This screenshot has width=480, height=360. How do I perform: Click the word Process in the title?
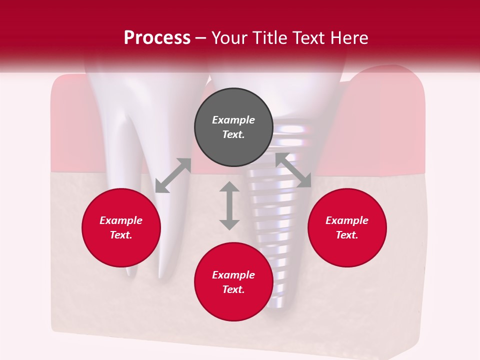tap(157, 38)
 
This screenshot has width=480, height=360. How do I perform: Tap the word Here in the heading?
tap(348, 38)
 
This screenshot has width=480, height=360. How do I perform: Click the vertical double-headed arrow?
tap(229, 205)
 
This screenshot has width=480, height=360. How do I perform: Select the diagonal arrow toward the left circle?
tap(173, 175)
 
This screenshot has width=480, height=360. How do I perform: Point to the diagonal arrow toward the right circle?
tap(293, 170)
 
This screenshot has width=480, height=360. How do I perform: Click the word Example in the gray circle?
tap(233, 120)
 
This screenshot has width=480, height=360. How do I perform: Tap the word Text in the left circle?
tap(121, 235)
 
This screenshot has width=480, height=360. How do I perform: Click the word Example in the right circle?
tap(347, 220)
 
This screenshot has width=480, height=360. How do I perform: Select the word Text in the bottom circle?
tap(233, 289)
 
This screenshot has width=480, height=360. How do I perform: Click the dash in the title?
tap(201, 38)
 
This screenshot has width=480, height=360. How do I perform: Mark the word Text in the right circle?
tap(347, 235)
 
